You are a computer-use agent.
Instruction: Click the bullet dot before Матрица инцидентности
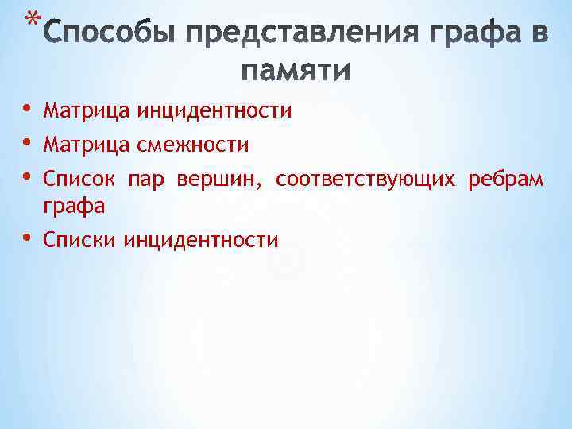click(x=28, y=109)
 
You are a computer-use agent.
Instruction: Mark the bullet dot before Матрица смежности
click(x=28, y=144)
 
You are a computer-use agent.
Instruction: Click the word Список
click(x=79, y=180)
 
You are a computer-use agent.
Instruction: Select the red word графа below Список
click(x=74, y=206)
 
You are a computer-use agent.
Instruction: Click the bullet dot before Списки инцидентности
click(x=28, y=238)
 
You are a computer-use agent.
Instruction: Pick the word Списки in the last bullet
click(x=81, y=239)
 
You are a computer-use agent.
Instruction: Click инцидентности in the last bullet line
click(x=201, y=239)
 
